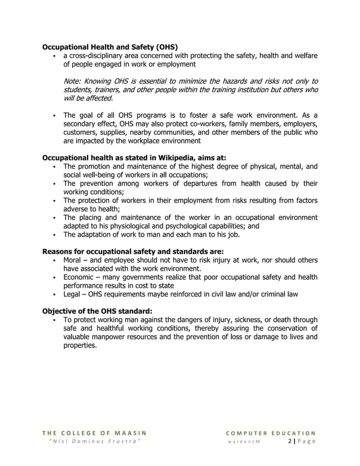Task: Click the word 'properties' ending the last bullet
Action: click(79, 345)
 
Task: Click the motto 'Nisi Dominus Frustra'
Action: click(94, 441)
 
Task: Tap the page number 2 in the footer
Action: click(290, 441)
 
